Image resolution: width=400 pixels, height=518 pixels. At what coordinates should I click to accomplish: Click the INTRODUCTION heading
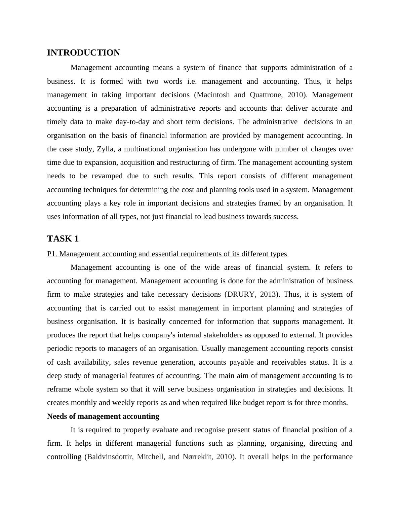[83, 53]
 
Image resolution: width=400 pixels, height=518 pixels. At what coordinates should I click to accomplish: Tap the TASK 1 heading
[63, 239]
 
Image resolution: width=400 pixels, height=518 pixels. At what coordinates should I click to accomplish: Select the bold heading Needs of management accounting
[103, 416]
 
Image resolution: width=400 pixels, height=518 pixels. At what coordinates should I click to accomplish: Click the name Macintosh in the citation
[213, 95]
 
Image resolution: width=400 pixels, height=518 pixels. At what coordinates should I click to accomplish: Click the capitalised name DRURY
[241, 294]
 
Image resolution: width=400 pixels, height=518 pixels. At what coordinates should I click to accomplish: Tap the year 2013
[268, 294]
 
